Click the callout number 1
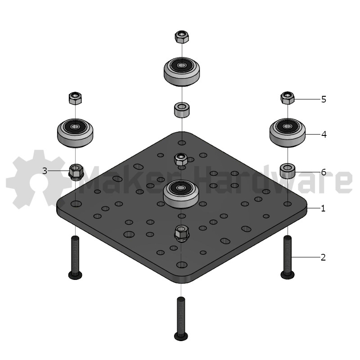pos(323,208)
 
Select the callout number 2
pos(323,257)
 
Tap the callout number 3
pos(45,171)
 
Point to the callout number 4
pos(324,134)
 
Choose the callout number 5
pos(324,99)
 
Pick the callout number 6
pos(324,172)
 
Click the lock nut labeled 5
pos(288,98)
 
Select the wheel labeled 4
pos(288,132)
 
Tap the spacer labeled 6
pos(288,171)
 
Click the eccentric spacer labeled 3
pos(76,172)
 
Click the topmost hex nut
pos(182,37)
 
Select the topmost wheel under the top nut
pos(182,72)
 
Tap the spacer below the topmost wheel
pos(182,110)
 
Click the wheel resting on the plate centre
pos(181,194)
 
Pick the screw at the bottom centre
pos(181,319)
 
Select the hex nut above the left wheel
pos(75,98)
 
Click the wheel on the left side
pos(75,133)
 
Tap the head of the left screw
pos(75,275)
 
